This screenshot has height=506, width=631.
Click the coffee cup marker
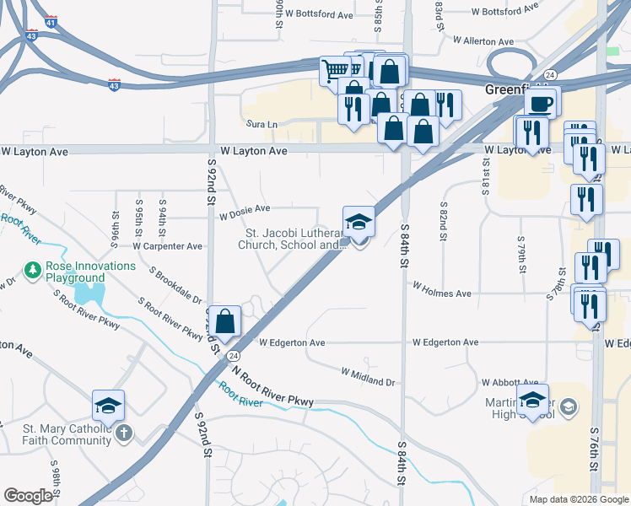(x=541, y=103)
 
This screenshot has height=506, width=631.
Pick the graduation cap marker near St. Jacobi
(x=359, y=222)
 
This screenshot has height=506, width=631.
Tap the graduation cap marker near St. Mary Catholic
(x=108, y=406)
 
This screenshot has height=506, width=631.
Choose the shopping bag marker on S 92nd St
(x=225, y=321)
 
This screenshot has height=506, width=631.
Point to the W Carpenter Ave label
(x=168, y=246)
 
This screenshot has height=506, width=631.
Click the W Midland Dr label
(x=368, y=376)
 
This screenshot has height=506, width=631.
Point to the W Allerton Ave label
(x=483, y=40)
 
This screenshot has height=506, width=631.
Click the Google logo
(x=28, y=496)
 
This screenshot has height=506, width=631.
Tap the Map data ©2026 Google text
(x=578, y=499)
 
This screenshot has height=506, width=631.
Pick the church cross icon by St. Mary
(x=123, y=433)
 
